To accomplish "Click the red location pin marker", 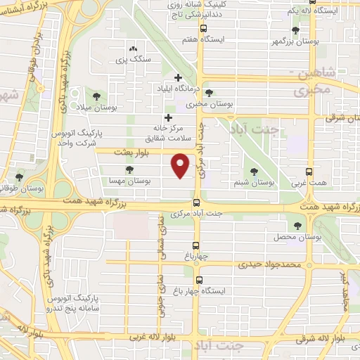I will tap(181, 166).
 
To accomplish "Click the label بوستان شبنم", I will tap(255, 182).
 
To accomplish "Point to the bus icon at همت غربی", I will tap(309, 172).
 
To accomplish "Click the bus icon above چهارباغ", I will tap(195, 246).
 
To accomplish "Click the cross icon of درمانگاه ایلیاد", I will tap(178, 77).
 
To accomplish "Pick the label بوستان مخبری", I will tap(208, 104).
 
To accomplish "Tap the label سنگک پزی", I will tap(133, 61).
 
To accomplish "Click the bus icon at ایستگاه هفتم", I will tap(202, 29).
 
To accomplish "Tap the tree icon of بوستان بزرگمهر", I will tap(295, 30).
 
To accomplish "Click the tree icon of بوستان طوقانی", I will tap(19, 177).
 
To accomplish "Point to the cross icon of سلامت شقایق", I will tap(168, 117).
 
